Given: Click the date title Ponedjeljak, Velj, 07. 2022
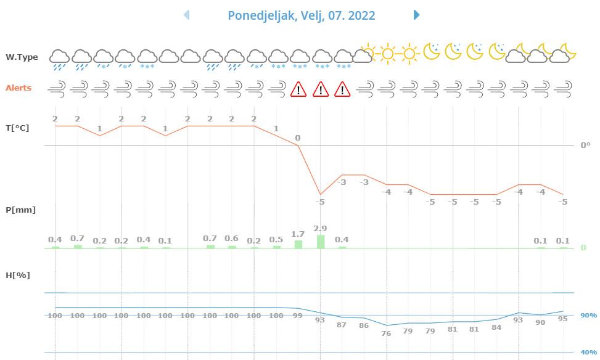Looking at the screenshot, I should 301,15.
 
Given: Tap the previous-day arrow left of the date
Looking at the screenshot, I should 186,15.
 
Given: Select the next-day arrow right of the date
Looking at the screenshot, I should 417,15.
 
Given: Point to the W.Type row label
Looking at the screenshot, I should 22,57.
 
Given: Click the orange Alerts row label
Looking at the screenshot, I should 18,88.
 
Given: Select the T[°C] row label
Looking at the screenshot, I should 18,128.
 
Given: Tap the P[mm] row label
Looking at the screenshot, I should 20,210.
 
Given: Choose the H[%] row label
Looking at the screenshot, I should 18,276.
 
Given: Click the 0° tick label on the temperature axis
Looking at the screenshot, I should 585,145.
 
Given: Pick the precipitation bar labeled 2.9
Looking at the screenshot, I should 320,242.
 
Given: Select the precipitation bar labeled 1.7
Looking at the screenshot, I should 298,244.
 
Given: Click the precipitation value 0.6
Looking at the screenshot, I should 231,239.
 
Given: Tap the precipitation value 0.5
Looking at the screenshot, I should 276,240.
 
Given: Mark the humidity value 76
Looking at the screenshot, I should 386,333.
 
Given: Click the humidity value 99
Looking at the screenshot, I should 298,316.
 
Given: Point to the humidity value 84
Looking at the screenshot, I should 496,327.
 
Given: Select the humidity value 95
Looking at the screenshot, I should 562,319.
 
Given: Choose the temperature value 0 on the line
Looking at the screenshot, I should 298,138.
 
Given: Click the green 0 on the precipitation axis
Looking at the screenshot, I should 583,248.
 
